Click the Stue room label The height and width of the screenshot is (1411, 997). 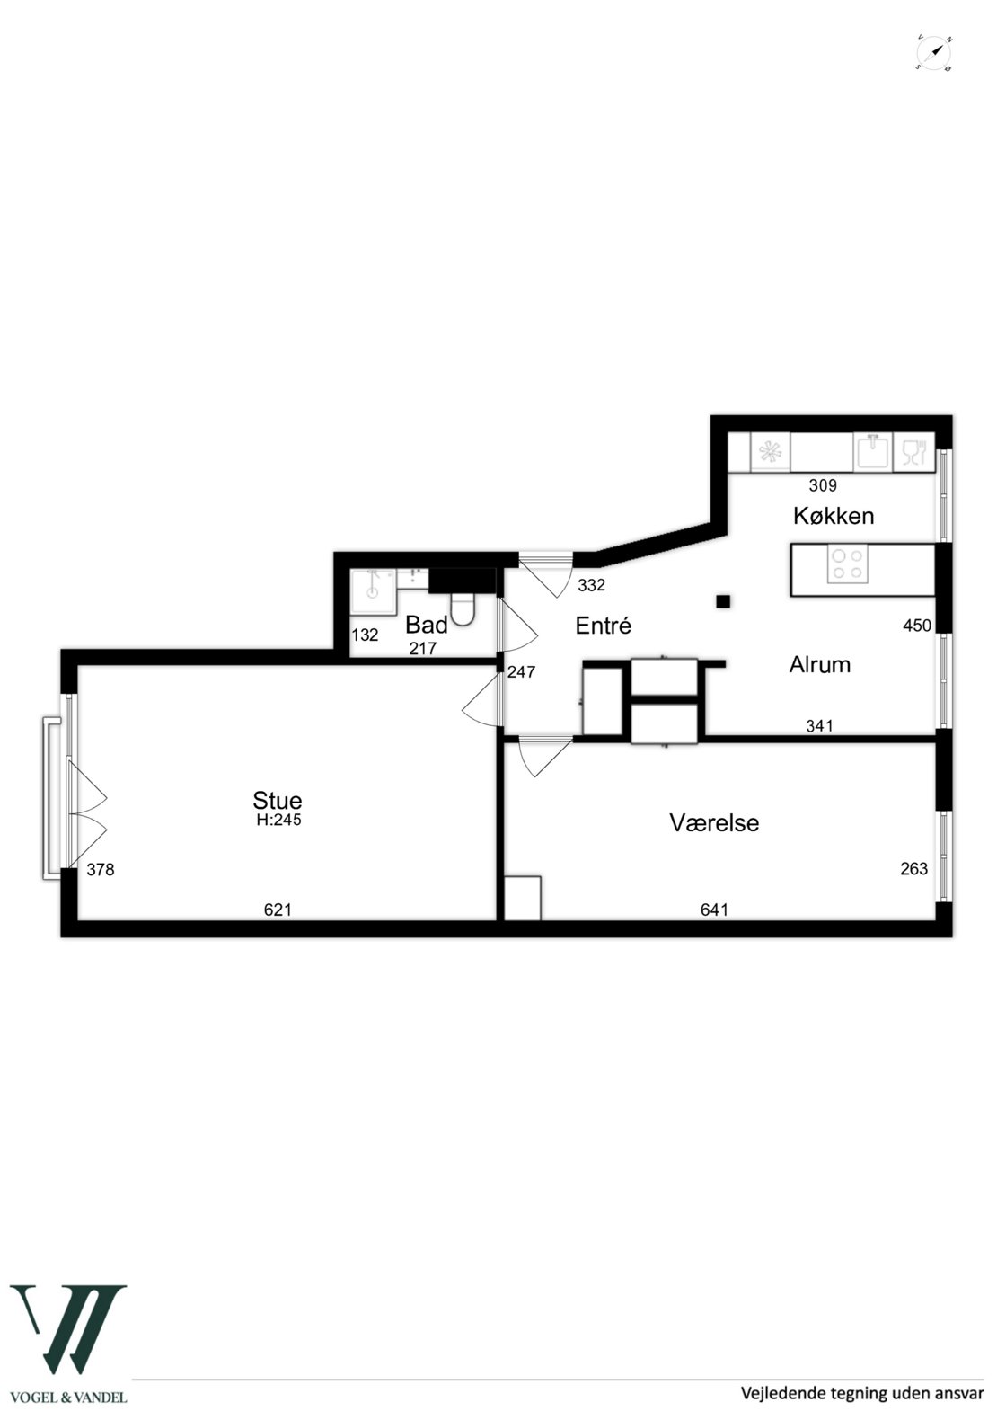coord(278,800)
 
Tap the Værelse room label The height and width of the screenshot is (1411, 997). coord(714,822)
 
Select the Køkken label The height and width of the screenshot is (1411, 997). coord(834,516)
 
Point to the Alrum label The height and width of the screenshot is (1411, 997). coord(819,664)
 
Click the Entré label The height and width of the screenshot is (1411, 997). coord(603,626)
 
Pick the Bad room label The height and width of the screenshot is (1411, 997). coord(426,625)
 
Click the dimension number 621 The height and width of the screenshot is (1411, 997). coord(278,909)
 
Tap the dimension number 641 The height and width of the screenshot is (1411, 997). coord(714,909)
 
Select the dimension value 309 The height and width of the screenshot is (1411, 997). coord(823,485)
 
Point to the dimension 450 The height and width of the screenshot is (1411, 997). coord(916,625)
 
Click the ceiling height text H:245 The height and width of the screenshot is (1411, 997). coord(278,820)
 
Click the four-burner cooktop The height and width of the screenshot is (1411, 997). coord(847,564)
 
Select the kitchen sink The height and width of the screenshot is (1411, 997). coord(872,452)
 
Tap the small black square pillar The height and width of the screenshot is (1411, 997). coord(722,601)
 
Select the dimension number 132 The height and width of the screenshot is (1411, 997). coord(365,635)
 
